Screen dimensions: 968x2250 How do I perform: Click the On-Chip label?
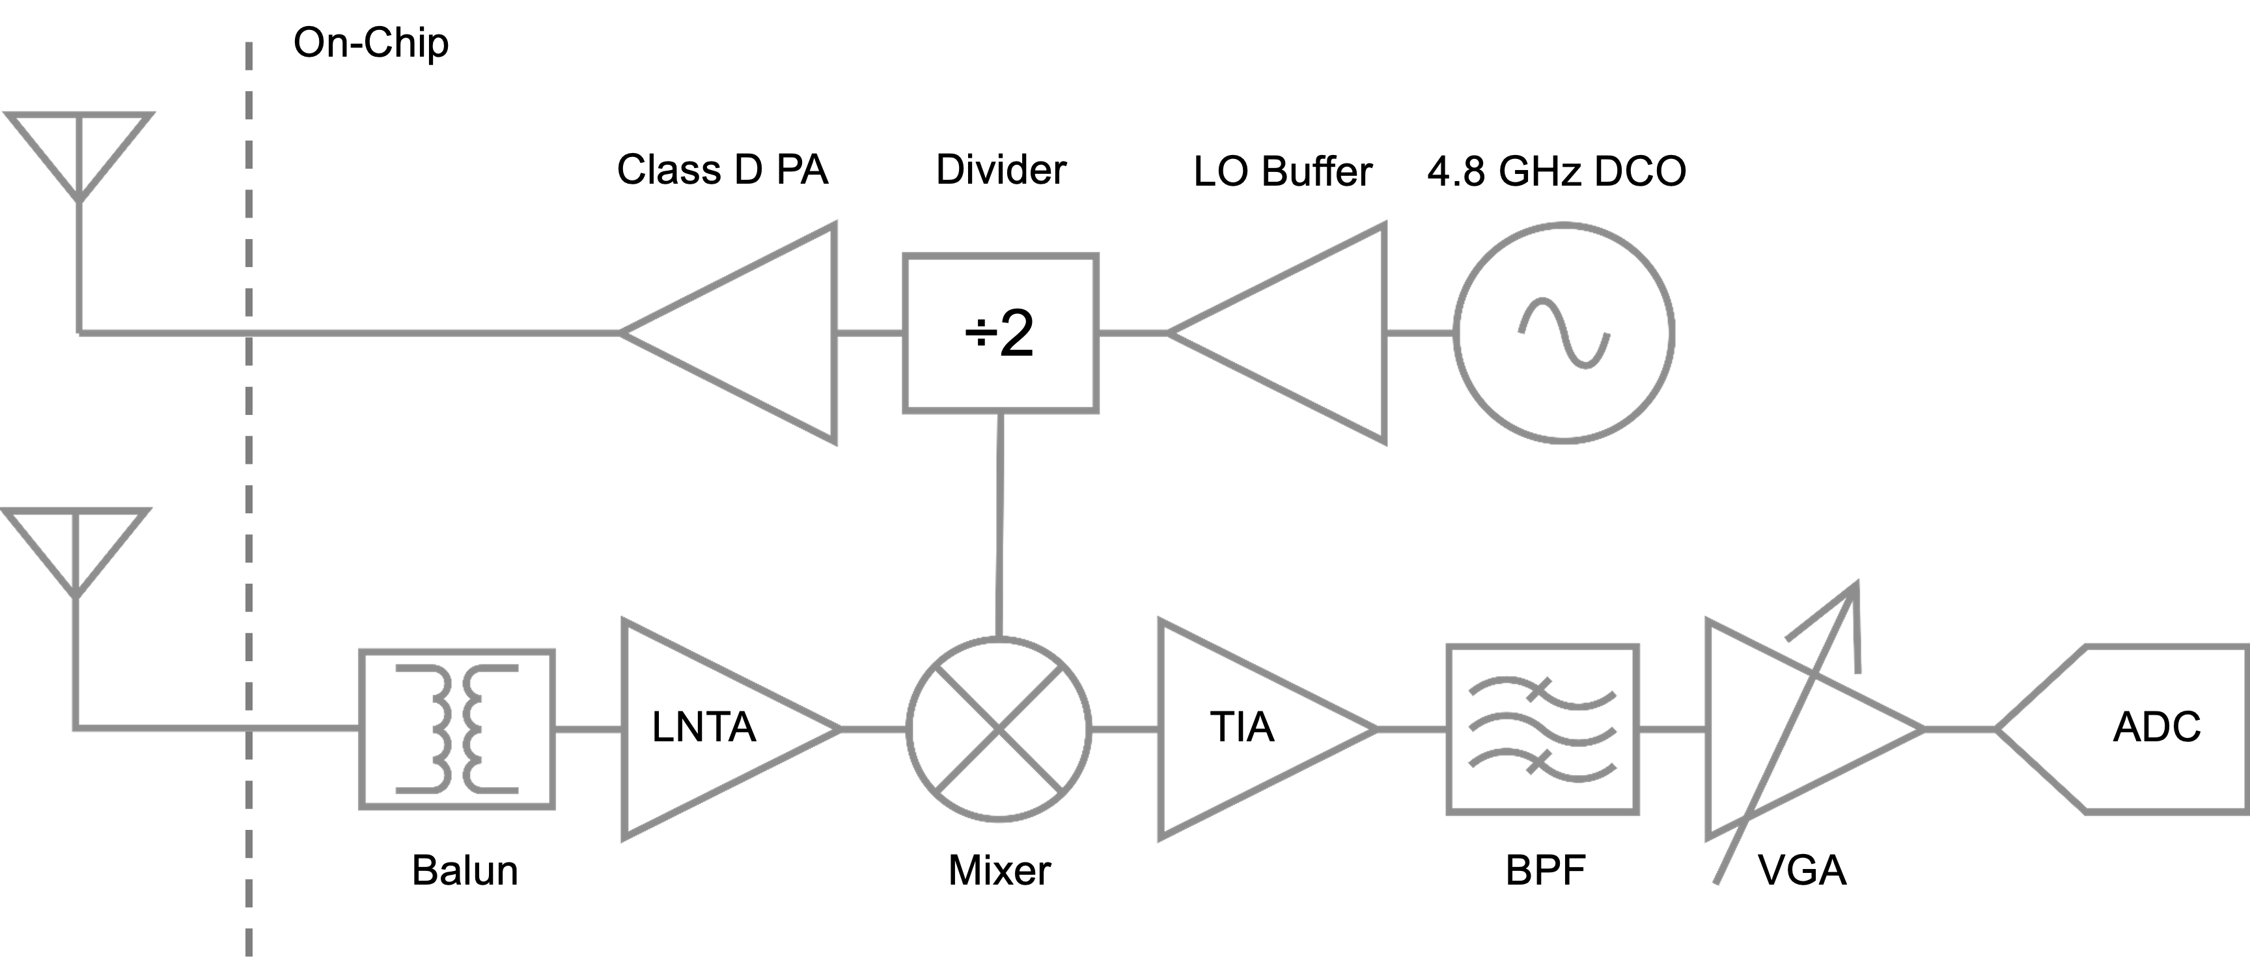370,44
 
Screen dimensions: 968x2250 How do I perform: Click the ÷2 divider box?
1000,333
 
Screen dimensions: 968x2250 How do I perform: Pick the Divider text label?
1000,169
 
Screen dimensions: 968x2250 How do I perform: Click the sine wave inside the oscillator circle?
1563,333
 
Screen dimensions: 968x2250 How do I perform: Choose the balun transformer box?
457,729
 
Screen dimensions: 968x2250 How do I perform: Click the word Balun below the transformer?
465,870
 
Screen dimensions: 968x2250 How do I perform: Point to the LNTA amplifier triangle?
708,729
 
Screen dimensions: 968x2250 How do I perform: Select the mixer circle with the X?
998,729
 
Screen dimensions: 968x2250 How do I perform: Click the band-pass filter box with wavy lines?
1542,729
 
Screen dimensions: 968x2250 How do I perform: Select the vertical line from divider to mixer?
999,524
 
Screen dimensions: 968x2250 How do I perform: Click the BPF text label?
1544,870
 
